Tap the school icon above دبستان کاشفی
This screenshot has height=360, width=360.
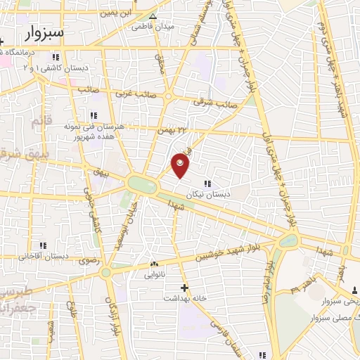pyautogui.click(x=55, y=57)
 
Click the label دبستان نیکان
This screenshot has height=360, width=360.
pyautogui.click(x=204, y=194)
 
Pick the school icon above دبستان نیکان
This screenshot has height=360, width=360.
pyautogui.click(x=206, y=184)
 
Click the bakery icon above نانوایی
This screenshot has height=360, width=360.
pyautogui.click(x=154, y=264)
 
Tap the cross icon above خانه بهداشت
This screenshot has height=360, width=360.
pyautogui.click(x=185, y=288)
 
